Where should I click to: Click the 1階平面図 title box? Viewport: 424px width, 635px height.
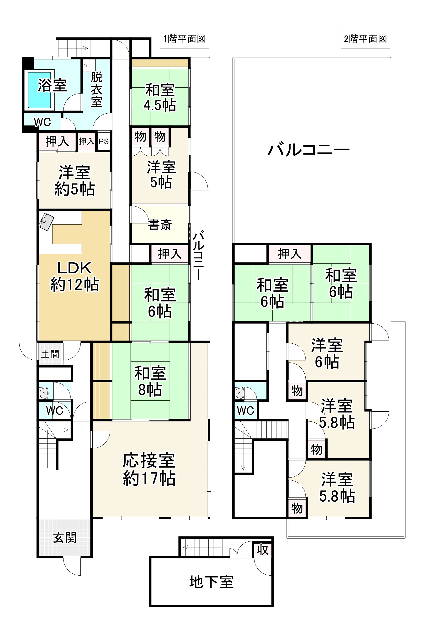(x=184, y=39)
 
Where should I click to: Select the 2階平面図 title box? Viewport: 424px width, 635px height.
(x=365, y=39)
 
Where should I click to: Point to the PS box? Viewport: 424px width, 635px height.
(x=104, y=141)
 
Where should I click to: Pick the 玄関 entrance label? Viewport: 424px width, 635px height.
(x=65, y=538)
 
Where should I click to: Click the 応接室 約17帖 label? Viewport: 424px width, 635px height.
(x=149, y=469)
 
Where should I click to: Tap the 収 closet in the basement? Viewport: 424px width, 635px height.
(x=263, y=550)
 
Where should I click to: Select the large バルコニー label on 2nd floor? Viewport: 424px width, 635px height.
(x=308, y=149)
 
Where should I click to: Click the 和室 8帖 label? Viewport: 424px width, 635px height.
(x=150, y=381)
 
